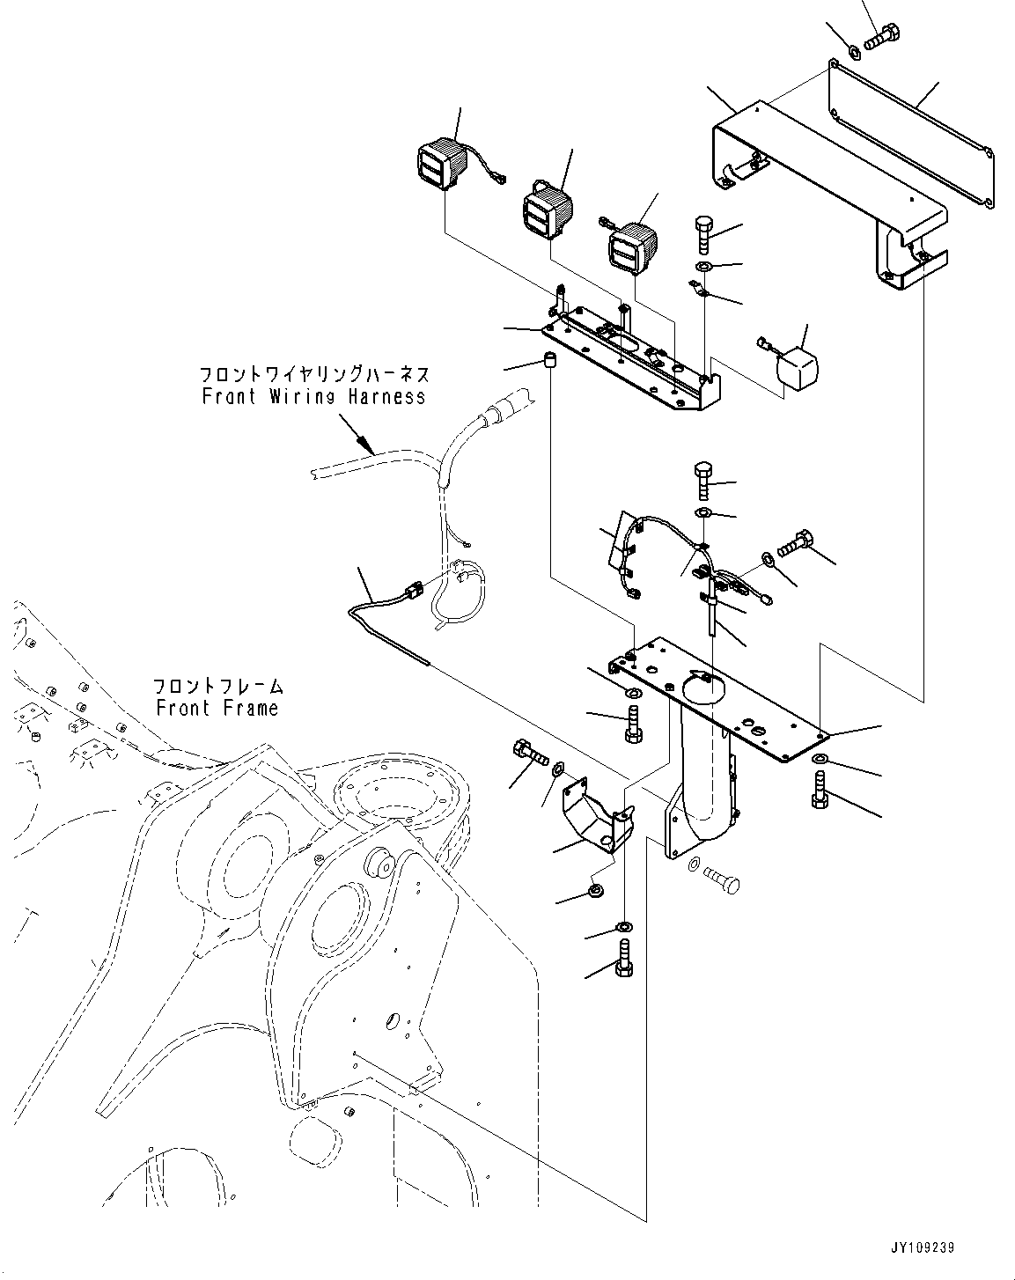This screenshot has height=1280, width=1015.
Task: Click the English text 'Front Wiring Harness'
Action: [x=313, y=396]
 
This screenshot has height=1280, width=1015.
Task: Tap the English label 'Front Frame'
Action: [x=217, y=708]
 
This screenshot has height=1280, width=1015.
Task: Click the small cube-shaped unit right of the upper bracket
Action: [x=795, y=362]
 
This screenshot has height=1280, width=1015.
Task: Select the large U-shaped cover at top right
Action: [x=827, y=195]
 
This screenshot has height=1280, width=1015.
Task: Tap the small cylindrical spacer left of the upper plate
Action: [x=551, y=361]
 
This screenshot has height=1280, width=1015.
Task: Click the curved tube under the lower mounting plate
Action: [x=704, y=775]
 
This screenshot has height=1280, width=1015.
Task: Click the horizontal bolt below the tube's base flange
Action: [x=720, y=880]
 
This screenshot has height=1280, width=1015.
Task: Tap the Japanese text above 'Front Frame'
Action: [x=217, y=686]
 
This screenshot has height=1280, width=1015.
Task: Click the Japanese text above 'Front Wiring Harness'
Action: [x=313, y=374]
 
